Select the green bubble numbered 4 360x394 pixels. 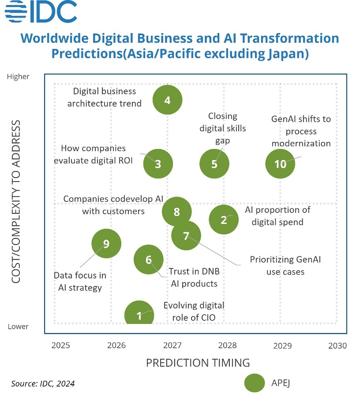click(x=167, y=100)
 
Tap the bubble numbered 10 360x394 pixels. click(x=280, y=164)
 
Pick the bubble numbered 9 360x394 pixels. click(x=106, y=243)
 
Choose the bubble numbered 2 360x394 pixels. click(x=224, y=219)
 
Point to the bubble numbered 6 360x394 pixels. click(x=149, y=260)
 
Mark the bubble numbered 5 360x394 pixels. click(x=214, y=164)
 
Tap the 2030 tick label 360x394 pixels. click(x=337, y=345)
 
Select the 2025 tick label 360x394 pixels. click(x=61, y=345)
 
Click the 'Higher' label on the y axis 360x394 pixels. click(x=18, y=77)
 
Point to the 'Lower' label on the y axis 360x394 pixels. click(x=18, y=327)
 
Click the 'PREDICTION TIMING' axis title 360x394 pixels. click(x=198, y=363)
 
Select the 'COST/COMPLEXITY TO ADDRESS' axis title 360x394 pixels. click(x=16, y=201)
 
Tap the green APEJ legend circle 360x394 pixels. click(x=254, y=383)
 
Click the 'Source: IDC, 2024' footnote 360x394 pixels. click(x=43, y=383)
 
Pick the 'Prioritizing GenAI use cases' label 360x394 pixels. click(x=285, y=265)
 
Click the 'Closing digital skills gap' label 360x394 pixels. click(x=223, y=128)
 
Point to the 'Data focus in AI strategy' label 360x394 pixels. click(x=80, y=282)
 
